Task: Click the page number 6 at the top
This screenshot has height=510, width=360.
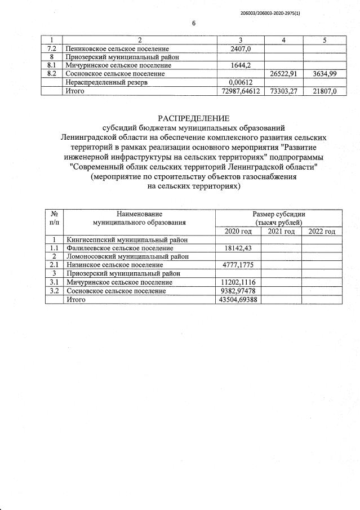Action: [194, 23]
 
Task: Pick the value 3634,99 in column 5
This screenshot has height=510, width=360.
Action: [324, 74]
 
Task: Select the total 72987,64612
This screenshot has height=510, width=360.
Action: [241, 91]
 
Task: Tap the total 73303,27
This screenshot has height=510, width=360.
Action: [284, 91]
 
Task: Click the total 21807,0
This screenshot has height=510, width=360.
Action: [324, 91]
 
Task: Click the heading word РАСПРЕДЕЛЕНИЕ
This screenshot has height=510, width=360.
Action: [194, 118]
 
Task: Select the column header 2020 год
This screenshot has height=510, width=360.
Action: [238, 232]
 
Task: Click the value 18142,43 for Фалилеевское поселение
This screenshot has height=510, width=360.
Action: [239, 248]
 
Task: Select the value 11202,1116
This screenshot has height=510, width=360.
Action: [239, 282]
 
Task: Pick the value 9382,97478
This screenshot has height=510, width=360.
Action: [239, 291]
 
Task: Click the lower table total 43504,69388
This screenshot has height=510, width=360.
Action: [239, 299]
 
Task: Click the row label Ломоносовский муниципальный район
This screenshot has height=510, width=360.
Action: [127, 256]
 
